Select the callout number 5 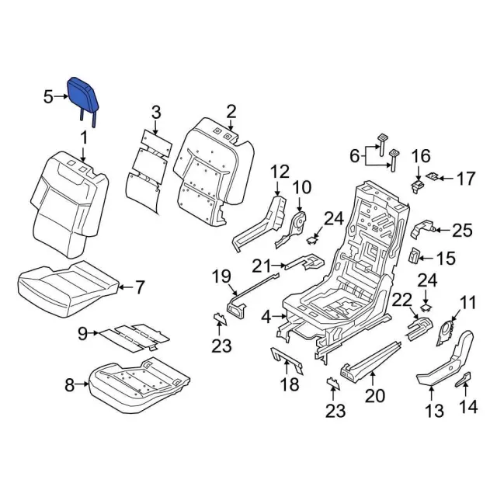[x=48, y=97]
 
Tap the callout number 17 [x=464, y=179]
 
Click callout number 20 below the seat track [x=375, y=396]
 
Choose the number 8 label [x=68, y=383]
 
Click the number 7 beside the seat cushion [x=140, y=288]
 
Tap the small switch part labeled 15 [x=415, y=255]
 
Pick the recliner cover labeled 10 [x=295, y=225]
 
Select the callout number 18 [x=289, y=385]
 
